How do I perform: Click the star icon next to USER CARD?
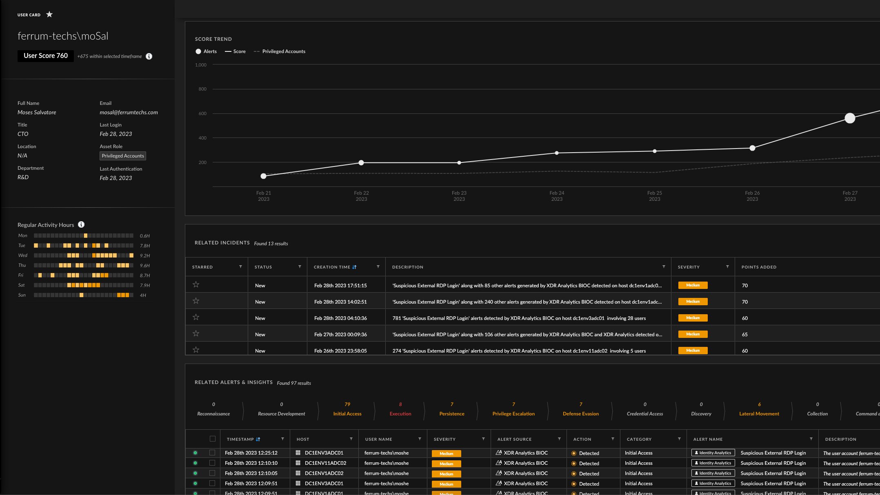(49, 15)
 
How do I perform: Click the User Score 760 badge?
(46, 56)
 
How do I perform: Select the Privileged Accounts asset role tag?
(122, 156)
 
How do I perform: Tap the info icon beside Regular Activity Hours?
(81, 224)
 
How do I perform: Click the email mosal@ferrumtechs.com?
(129, 112)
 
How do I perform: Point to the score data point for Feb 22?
(361, 163)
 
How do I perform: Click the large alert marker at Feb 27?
(850, 118)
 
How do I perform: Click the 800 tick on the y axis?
(202, 89)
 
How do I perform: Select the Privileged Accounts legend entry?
(283, 51)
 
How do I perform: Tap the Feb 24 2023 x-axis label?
(557, 196)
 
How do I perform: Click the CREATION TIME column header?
(332, 267)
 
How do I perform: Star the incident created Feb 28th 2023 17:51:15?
(196, 284)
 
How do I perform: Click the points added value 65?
(745, 334)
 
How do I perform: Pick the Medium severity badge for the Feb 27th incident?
(693, 334)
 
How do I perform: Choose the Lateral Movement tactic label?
(759, 414)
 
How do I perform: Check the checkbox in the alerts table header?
(212, 439)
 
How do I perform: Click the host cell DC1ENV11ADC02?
(325, 463)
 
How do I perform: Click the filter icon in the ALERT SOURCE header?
(559, 439)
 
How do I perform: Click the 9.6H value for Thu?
(145, 266)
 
